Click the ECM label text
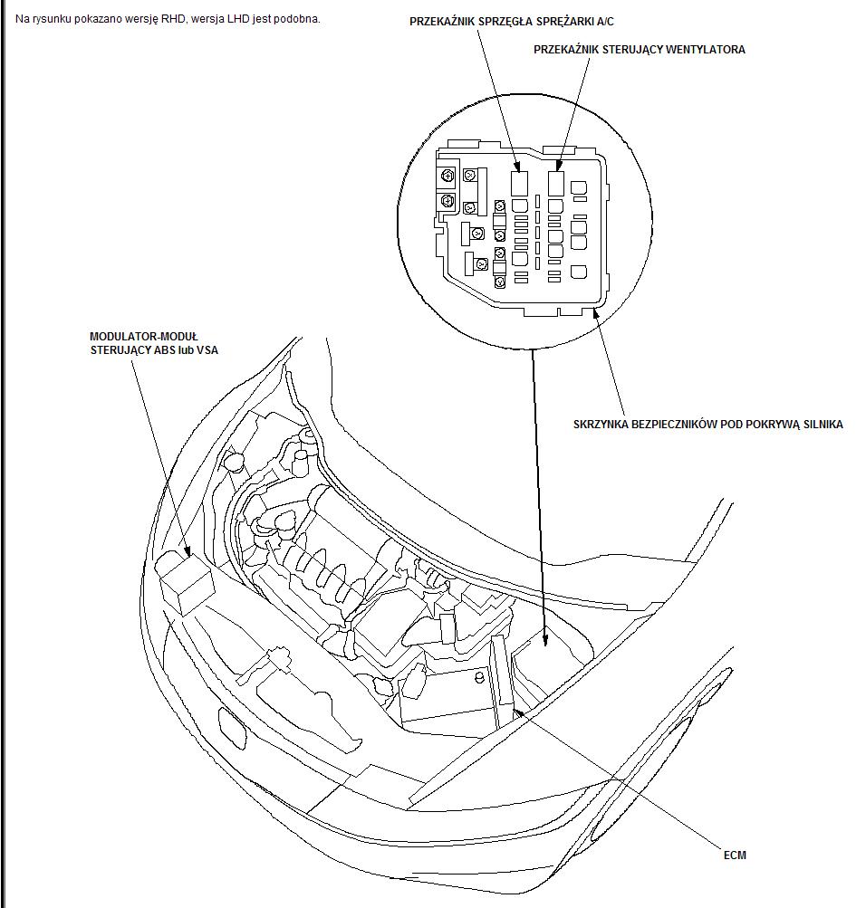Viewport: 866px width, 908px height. point(736,855)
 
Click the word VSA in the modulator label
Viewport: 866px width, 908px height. point(207,350)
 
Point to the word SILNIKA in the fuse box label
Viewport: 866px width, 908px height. point(820,424)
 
